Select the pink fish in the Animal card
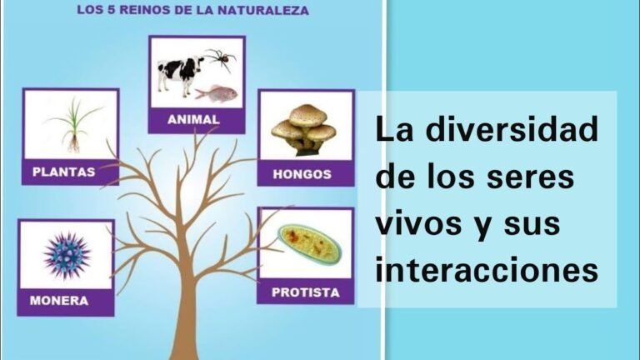(x=217, y=92)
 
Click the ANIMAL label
(x=193, y=120)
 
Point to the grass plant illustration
(x=72, y=123)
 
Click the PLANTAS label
(x=63, y=172)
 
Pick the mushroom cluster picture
(x=304, y=129)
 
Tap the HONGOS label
(x=302, y=175)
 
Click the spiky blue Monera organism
(x=66, y=254)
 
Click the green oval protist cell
(x=309, y=244)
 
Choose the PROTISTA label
(x=305, y=292)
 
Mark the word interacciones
(x=487, y=270)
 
